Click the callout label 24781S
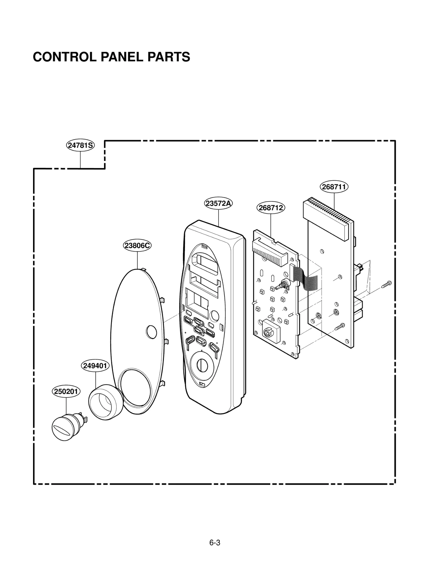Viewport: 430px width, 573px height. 80,145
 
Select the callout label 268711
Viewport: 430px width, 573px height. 334,187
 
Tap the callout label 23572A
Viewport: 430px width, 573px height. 218,203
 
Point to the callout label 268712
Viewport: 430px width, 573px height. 271,208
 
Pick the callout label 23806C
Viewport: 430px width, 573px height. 137,245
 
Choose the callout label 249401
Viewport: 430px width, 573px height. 95,366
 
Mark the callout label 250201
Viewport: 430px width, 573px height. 66,392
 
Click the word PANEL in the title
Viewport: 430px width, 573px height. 122,57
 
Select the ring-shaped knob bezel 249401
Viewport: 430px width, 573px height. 106,402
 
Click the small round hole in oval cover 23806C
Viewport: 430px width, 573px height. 151,332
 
